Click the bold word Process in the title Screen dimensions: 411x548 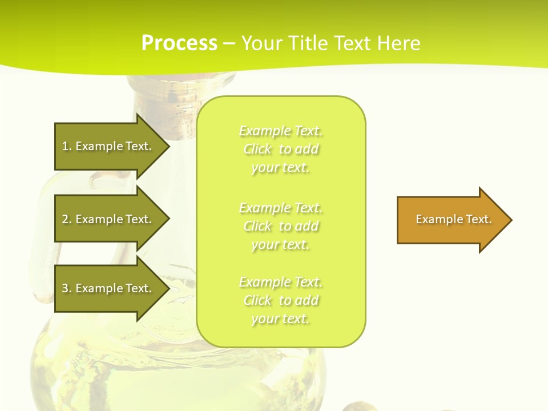[x=179, y=43]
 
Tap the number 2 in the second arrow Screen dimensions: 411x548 [x=65, y=219]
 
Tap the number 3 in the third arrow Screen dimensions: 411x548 [x=65, y=288]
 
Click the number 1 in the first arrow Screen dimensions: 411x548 [x=65, y=146]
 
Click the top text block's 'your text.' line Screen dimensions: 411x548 [x=280, y=168]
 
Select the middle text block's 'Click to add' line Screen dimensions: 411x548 [x=281, y=226]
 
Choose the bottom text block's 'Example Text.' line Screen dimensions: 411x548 [x=281, y=282]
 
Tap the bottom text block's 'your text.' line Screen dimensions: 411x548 [x=280, y=319]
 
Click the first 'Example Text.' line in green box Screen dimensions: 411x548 [x=281, y=131]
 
